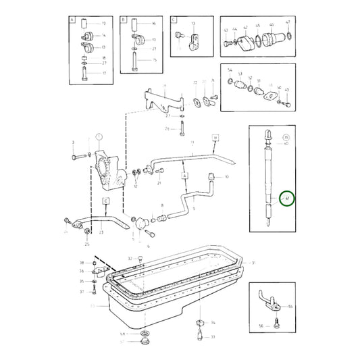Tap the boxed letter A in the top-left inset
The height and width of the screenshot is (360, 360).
72,21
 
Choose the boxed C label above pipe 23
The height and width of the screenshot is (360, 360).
106,201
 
